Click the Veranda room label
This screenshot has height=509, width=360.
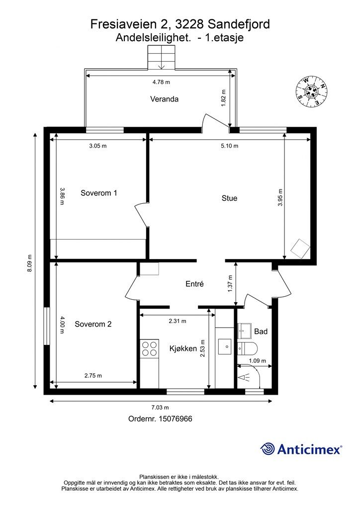pyautogui.click(x=164, y=99)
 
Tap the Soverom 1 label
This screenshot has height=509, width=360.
pyautogui.click(x=98, y=193)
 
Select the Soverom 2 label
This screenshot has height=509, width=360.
pyautogui.click(x=93, y=324)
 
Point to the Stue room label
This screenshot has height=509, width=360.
pyautogui.click(x=230, y=198)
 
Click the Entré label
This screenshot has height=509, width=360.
pyautogui.click(x=194, y=284)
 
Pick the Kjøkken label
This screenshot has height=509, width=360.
pyautogui.click(x=183, y=348)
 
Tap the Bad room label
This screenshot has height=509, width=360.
pyautogui.click(x=261, y=332)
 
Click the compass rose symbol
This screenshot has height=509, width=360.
pyautogui.click(x=312, y=91)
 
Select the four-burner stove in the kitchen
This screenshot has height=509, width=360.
pyautogui.click(x=149, y=348)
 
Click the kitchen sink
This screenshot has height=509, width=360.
pyautogui.click(x=225, y=346)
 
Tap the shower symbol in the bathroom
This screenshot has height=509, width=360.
pyautogui.click(x=244, y=377)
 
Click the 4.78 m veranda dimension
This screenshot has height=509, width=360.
pyautogui.click(x=161, y=82)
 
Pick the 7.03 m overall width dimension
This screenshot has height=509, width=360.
pyautogui.click(x=161, y=408)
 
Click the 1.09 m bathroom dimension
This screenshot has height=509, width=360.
pyautogui.click(x=258, y=361)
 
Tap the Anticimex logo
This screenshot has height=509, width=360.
pyautogui.click(x=301, y=449)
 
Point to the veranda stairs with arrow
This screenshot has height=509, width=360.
pyautogui.click(x=161, y=57)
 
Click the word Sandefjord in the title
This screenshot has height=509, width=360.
pyautogui.click(x=239, y=24)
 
